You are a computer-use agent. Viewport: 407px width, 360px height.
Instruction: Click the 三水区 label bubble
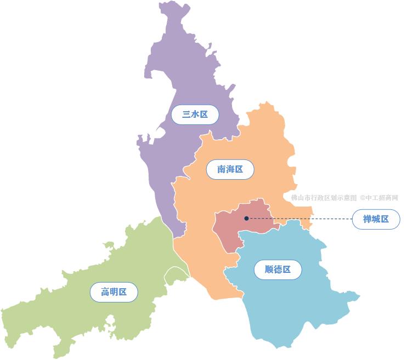[195, 115]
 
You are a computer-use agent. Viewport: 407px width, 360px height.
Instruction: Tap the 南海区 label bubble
[230, 170]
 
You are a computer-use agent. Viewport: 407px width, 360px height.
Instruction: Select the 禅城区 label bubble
[376, 219]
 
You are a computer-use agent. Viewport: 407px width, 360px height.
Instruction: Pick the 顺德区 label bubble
[278, 270]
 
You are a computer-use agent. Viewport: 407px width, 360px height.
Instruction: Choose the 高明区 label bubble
[114, 292]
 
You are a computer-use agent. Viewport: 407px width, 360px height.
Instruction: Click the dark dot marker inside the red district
[246, 219]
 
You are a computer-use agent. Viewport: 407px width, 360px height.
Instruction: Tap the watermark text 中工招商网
[382, 198]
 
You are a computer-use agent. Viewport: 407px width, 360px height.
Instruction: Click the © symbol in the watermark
[363, 198]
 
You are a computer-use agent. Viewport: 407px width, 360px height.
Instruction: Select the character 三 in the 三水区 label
[186, 115]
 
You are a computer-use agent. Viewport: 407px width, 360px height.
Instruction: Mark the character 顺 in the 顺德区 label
[269, 270]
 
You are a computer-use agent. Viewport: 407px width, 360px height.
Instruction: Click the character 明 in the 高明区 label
[114, 292]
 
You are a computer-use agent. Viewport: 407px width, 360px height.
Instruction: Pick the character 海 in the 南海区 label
[230, 170]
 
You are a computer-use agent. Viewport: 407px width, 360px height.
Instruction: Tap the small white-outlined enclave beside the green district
[176, 275]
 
